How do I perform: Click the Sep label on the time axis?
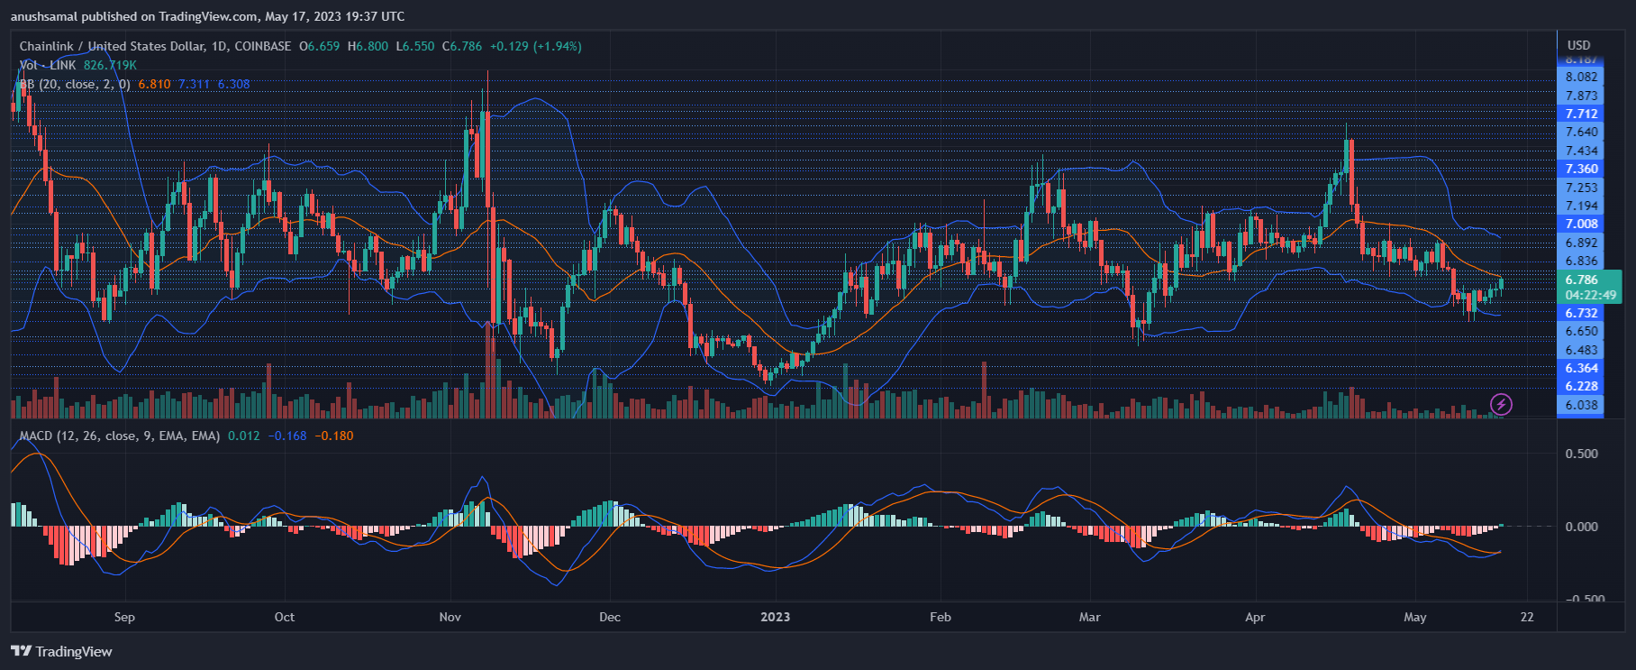point(124,617)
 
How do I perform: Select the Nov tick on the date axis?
point(450,617)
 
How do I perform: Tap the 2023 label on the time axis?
point(775,617)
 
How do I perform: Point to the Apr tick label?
point(1255,617)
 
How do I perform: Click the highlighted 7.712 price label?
point(1581,114)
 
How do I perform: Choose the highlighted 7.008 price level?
point(1581,224)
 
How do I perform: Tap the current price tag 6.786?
point(1581,280)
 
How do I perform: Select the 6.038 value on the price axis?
point(1581,405)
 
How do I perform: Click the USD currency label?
point(1578,45)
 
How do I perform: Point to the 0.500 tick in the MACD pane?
point(1582,454)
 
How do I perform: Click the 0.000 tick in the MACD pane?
point(1582,527)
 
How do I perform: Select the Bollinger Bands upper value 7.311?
point(194,84)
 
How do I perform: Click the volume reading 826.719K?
point(110,65)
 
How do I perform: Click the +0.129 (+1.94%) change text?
point(535,46)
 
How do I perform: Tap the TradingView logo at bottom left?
point(61,651)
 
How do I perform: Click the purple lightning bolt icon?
point(1501,404)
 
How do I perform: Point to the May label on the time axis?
point(1415,617)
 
